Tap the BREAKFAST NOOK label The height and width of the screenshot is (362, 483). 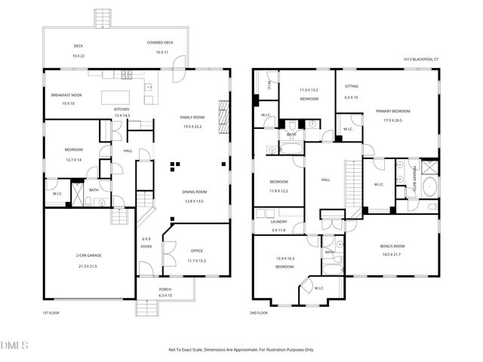66,95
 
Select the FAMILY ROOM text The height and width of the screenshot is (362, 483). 193,118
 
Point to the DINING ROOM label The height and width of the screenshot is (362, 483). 194,192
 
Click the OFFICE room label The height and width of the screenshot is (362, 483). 196,251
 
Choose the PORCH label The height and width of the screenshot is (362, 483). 165,290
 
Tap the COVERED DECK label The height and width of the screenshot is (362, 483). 161,43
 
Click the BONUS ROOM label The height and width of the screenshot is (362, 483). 391,246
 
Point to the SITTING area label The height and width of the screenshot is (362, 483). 352,87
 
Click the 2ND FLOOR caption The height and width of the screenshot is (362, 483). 258,312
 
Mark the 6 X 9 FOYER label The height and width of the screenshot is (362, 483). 146,243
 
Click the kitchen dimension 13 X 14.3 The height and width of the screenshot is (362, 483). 122,115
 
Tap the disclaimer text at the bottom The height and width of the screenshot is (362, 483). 241,350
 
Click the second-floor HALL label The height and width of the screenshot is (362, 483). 326,179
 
